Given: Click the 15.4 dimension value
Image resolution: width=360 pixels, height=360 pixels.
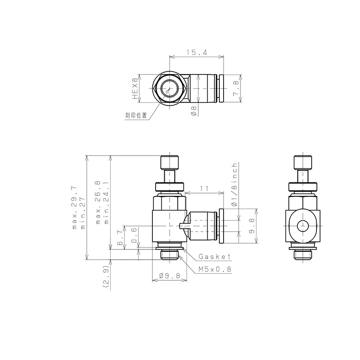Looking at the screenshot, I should [x=196, y=53].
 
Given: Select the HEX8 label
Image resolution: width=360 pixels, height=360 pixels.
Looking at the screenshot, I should [x=135, y=89].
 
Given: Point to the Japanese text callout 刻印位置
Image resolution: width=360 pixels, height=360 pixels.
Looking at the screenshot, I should [x=136, y=115].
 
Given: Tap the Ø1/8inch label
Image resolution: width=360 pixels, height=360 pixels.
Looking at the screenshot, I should [x=235, y=185].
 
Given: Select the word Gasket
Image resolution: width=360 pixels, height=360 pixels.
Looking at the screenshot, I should [x=215, y=257].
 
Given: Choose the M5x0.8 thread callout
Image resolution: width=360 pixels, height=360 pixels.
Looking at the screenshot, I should [x=214, y=269].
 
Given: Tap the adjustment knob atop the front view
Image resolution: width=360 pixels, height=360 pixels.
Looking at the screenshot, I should [x=169, y=163].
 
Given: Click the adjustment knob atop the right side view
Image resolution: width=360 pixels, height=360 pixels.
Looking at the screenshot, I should [x=303, y=163].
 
